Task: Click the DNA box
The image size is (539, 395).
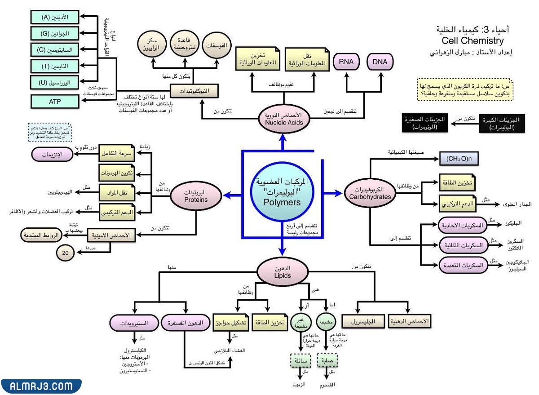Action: tap(380, 61)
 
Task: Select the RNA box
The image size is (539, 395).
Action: tap(346, 61)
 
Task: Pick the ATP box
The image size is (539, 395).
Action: tap(55, 102)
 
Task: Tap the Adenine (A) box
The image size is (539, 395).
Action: tap(55, 17)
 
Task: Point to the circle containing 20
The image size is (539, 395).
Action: tap(66, 253)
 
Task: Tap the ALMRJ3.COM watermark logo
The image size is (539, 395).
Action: tap(40, 386)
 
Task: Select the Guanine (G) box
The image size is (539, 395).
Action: tap(55, 33)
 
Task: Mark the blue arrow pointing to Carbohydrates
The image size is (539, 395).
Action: tap(332, 193)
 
